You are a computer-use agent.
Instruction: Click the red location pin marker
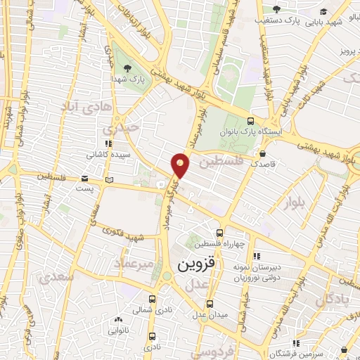181,165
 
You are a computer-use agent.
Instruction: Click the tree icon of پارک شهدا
127,68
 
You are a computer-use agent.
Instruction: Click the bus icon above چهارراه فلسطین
220,233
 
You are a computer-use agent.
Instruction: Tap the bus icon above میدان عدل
210,304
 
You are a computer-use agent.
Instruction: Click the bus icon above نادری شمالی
153,300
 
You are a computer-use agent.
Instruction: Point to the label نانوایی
117,329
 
